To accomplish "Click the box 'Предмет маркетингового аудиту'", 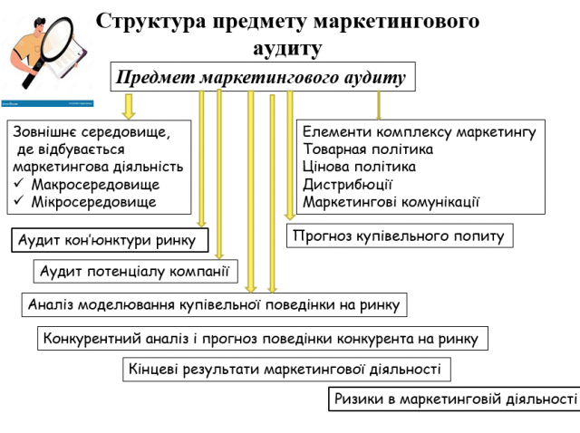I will (x=263, y=77).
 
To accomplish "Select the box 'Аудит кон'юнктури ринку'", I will (x=110, y=241).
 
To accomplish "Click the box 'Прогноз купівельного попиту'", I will (x=401, y=236).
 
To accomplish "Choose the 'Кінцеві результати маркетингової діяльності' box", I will (x=286, y=369).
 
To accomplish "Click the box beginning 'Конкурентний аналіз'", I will (x=263, y=339).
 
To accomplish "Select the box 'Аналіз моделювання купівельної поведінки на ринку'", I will (x=214, y=304).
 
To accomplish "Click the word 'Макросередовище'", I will (x=88, y=184).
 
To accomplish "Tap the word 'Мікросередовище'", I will (x=87, y=201).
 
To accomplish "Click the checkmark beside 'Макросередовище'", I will (x=19, y=184).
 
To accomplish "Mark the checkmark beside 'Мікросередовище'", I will (x=19, y=201).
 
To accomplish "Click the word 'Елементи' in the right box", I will (x=334, y=132).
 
